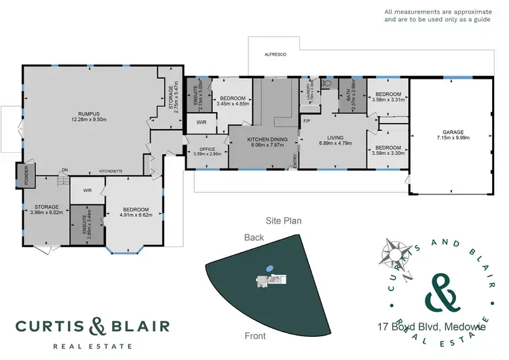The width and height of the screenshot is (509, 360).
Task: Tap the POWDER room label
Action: pyautogui.click(x=27, y=175)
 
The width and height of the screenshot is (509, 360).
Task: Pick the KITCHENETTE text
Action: pyautogui.click(x=110, y=170)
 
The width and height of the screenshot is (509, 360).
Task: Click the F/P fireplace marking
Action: pyautogui.click(x=307, y=122)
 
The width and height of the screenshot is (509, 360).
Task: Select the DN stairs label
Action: pyautogui.click(x=64, y=170)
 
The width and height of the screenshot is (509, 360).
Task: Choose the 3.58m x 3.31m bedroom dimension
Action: pyautogui.click(x=388, y=100)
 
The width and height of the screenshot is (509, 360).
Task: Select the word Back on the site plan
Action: pyautogui.click(x=254, y=237)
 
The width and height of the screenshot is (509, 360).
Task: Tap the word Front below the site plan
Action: pyautogui.click(x=255, y=336)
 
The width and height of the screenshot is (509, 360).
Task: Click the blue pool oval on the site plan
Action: pyautogui.click(x=270, y=268)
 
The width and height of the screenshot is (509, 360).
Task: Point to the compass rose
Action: pyautogui.click(x=393, y=251)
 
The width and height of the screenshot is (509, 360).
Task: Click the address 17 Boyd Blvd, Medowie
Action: pyautogui.click(x=430, y=327)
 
